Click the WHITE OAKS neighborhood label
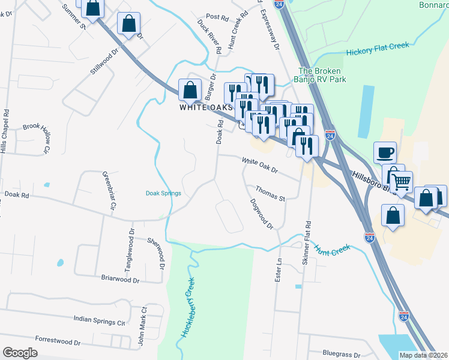205,107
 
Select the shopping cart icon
402,181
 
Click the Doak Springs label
163,193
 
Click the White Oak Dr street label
260,166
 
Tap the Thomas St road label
270,193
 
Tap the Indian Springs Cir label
99,320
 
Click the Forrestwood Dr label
58,341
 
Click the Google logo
20,353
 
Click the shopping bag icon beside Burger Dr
190,90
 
